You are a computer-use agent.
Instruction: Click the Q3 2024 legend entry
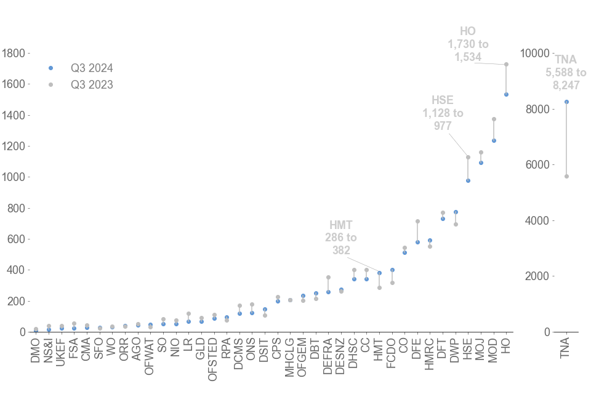[91, 68]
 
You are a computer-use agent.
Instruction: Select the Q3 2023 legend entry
[91, 84]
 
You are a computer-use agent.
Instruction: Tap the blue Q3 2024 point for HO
[506, 94]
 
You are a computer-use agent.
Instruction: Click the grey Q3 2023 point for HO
[506, 64]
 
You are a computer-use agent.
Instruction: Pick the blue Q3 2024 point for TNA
[566, 102]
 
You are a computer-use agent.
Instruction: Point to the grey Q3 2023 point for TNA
[566, 176]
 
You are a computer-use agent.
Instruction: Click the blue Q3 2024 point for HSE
[468, 180]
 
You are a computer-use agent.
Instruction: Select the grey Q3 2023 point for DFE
[417, 221]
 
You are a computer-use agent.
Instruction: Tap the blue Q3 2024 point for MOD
[494, 140]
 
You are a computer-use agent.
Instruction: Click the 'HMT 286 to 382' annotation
[341, 238]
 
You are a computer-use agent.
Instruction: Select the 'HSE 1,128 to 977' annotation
[443, 113]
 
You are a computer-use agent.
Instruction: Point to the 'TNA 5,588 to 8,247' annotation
[566, 72]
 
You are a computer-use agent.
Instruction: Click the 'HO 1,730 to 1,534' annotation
[468, 44]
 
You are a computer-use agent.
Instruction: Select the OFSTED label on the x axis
[213, 358]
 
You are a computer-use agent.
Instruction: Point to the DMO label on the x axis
[36, 350]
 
